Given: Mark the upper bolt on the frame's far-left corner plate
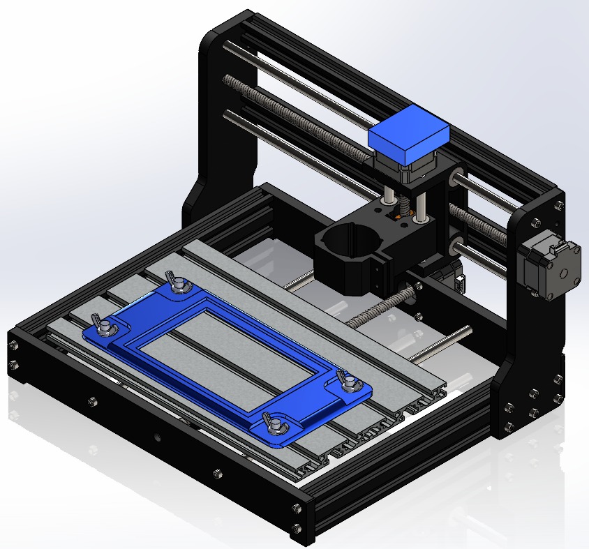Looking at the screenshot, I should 14,343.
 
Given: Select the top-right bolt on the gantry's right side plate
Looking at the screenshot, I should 558,204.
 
